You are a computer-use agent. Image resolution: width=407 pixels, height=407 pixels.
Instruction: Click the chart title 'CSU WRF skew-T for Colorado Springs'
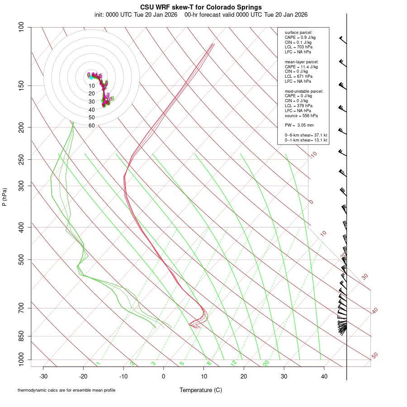tap(201, 7)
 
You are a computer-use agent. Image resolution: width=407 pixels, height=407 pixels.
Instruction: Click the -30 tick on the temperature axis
tap(43, 376)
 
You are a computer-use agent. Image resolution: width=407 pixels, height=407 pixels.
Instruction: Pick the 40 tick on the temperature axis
tap(324, 376)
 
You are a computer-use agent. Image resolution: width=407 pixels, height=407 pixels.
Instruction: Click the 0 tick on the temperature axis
tap(164, 376)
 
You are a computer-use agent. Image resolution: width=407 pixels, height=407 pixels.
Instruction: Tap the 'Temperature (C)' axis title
tap(201, 390)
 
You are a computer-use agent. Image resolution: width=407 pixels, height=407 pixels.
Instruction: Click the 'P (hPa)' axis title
tap(5, 197)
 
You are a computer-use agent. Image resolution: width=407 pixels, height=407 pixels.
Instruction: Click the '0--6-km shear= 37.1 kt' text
tap(306, 135)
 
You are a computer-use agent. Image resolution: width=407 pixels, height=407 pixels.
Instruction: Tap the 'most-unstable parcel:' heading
tap(304, 91)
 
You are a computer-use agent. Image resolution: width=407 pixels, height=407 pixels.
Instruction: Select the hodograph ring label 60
tap(91, 126)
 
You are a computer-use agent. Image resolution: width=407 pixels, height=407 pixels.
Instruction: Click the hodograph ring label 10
tap(91, 86)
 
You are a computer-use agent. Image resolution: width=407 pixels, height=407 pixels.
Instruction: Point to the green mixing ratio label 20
tap(266, 363)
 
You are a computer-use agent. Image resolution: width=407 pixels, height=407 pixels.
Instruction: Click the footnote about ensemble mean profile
tap(66, 390)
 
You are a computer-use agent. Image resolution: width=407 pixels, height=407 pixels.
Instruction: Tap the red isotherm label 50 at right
tap(374, 356)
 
